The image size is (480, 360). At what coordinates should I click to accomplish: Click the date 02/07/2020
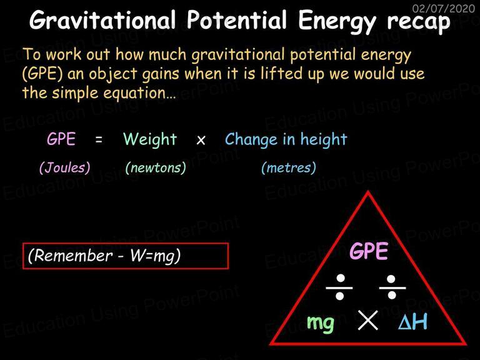tap(443, 8)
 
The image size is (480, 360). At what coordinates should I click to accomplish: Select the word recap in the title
tap(419, 22)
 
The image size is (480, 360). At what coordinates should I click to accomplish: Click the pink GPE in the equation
tap(61, 139)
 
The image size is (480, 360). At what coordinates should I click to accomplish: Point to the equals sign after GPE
tap(99, 140)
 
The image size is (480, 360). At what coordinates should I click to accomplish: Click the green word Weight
tap(150, 140)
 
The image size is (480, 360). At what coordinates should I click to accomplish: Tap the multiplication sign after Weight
tap(201, 141)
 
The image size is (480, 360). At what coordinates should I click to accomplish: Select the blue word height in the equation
tap(324, 139)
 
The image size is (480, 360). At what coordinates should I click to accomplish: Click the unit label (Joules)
tap(65, 167)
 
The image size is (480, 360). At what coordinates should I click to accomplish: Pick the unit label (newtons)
tap(156, 167)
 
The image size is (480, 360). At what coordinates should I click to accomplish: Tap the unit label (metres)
tap(289, 167)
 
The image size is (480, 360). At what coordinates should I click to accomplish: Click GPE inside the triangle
tap(369, 251)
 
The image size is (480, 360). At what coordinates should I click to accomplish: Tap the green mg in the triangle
tap(320, 323)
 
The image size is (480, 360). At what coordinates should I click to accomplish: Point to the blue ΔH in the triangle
tap(412, 322)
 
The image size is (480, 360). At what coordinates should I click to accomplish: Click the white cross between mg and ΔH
tap(367, 320)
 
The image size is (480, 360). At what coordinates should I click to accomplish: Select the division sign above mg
tap(339, 287)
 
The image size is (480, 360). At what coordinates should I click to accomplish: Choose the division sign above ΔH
tap(392, 287)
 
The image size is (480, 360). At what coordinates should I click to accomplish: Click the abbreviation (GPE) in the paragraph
tap(42, 74)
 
